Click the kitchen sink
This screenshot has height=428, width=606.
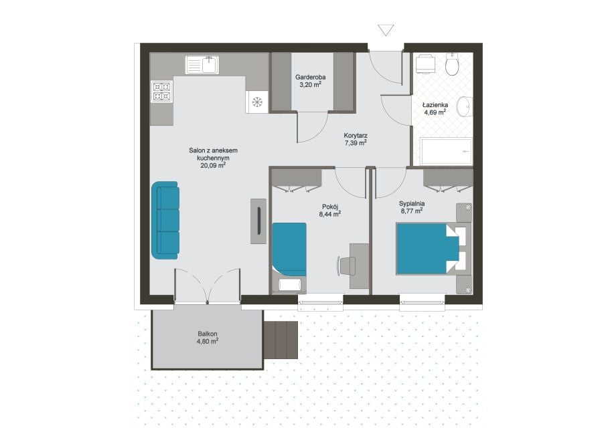tap(202, 64)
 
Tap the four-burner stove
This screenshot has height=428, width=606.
tap(162, 92)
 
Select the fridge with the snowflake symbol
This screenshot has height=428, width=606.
tap(257, 102)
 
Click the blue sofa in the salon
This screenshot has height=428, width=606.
tap(165, 220)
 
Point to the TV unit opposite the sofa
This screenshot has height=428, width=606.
tap(258, 221)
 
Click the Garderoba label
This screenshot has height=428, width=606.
tap(310, 77)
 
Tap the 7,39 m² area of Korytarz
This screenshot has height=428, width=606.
tap(356, 143)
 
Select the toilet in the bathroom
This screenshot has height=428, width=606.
tap(452, 64)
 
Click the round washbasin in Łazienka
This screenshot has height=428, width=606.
tap(465, 106)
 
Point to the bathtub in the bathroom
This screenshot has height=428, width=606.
tap(447, 151)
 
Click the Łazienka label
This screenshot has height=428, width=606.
tap(435, 104)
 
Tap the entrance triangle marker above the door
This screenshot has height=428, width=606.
tap(386, 30)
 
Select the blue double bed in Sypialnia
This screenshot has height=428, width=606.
tap(428, 249)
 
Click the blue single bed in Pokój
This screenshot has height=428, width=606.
tap(289, 249)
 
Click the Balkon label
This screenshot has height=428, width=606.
tap(208, 334)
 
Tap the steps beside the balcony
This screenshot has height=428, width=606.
tap(281, 340)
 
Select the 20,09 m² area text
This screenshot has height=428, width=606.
tap(213, 166)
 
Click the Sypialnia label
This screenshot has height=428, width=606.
tap(412, 203)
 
